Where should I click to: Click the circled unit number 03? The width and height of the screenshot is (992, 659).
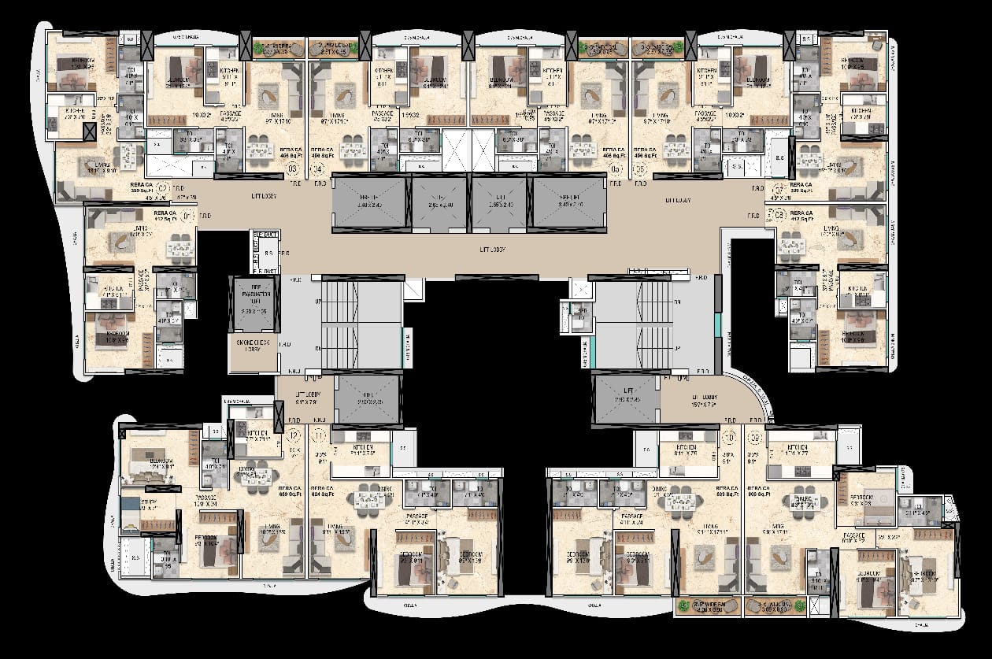pyautogui.click(x=293, y=168)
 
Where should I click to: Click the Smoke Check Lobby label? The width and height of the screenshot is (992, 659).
pyautogui.click(x=252, y=346)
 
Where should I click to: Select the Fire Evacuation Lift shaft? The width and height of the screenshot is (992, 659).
pyautogui.click(x=252, y=303)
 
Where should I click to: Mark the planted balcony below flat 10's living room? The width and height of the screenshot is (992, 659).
pyautogui.click(x=707, y=606)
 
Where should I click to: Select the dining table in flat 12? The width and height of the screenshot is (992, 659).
pyautogui.click(x=257, y=475)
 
